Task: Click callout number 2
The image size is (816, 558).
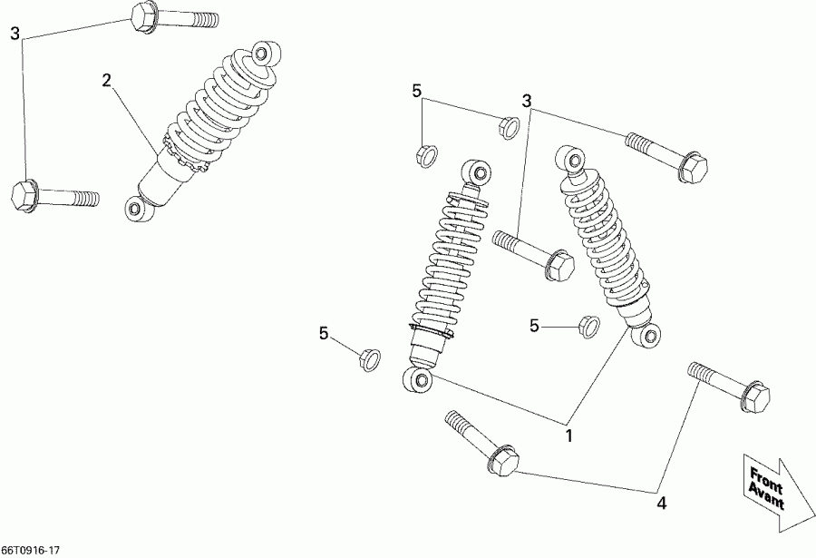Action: coord(107,81)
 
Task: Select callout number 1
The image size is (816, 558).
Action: coord(569,436)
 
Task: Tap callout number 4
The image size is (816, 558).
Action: coord(661,501)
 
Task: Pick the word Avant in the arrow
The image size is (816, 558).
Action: coord(766,495)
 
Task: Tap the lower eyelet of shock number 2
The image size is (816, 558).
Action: coord(135,209)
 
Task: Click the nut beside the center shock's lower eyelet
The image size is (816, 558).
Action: coord(368,358)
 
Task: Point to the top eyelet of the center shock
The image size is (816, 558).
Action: coord(475,171)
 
